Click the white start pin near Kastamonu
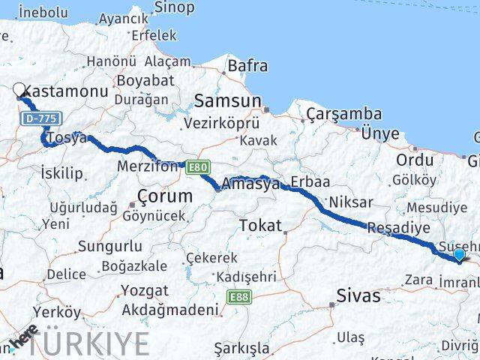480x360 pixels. point(19,91)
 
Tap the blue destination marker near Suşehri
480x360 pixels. point(459,256)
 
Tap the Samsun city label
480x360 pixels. point(227,101)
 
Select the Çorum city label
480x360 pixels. point(165,196)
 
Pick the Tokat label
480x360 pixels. point(260,225)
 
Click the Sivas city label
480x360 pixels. point(358,295)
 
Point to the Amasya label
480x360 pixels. point(250,184)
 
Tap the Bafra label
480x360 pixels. point(247,66)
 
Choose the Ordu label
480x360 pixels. point(415,160)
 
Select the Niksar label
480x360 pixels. point(351,202)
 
